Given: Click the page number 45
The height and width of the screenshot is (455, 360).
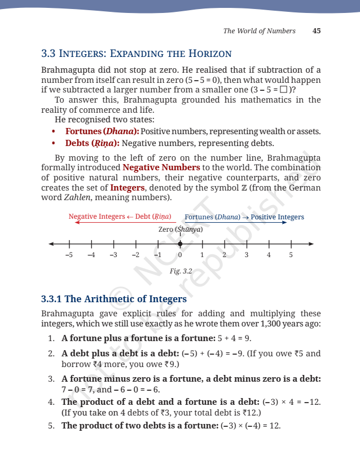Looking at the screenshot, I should coord(317,31).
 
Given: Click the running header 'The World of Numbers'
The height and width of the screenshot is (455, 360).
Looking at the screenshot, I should coord(259,31).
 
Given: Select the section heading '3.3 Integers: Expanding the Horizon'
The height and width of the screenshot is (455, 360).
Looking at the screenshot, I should coord(137,54).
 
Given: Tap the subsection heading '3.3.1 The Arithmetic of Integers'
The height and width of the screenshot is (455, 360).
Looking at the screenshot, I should coord(114,299).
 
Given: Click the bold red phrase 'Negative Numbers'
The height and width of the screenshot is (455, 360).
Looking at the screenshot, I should coord(161,167).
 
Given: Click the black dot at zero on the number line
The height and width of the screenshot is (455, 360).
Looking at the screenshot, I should coord(180,244).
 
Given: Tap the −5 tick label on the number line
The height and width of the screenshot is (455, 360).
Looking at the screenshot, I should coord(69,255).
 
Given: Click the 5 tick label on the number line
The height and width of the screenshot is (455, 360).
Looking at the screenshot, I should coord(291,255).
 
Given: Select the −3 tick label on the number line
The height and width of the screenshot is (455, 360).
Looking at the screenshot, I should coord(113,255).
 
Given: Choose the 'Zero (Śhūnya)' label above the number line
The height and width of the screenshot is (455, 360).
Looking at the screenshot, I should coord(180,229).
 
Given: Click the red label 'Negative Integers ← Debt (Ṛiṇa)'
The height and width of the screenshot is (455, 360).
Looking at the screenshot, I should coord(120,217).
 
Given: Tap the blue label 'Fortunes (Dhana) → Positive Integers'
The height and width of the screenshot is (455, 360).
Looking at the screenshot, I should coord(244,217).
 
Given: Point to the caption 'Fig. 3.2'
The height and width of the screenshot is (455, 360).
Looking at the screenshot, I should coord(181,271).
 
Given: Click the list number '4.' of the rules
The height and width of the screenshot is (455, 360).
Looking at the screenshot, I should coord(51,402).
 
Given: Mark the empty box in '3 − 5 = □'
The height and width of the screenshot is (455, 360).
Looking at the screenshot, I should coord(283,90).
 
